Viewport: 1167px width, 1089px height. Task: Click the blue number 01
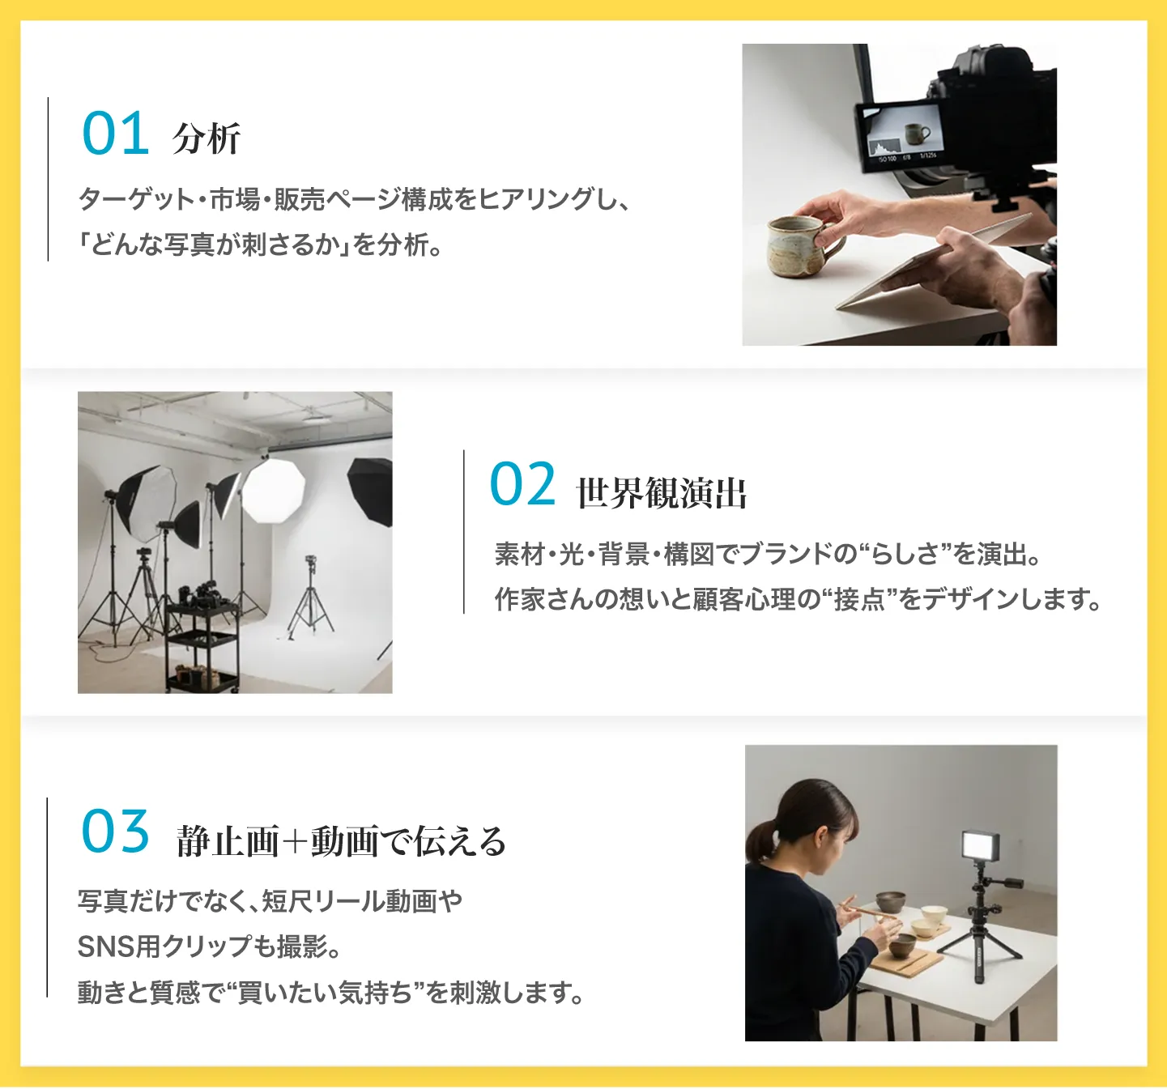[115, 134]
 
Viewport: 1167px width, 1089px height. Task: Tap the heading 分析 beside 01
[207, 138]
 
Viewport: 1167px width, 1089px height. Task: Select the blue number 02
[522, 483]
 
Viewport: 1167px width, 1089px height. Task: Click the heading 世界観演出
[661, 492]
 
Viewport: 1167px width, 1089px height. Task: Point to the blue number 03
[115, 831]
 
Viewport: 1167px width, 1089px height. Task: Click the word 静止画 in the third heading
[228, 841]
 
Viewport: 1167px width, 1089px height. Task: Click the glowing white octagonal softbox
[273, 491]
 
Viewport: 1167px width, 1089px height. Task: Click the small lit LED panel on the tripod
[980, 846]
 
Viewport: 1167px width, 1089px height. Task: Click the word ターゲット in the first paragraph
[136, 199]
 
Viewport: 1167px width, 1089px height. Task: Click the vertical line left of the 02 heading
[463, 532]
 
